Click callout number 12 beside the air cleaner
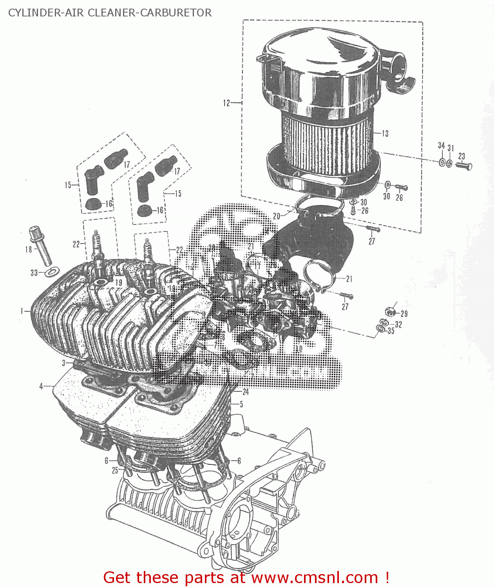point(226,103)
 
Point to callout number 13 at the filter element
point(385,133)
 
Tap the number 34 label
point(441,146)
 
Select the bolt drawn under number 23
point(464,166)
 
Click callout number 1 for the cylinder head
point(22,311)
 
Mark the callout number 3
point(63,363)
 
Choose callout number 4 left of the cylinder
point(41,386)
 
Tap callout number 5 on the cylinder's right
point(241,404)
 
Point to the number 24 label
point(246,392)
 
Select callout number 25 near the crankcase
point(114,470)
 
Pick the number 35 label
point(391,331)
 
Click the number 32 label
point(398,324)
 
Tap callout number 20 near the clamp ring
point(277,216)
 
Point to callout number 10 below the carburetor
point(299,349)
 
